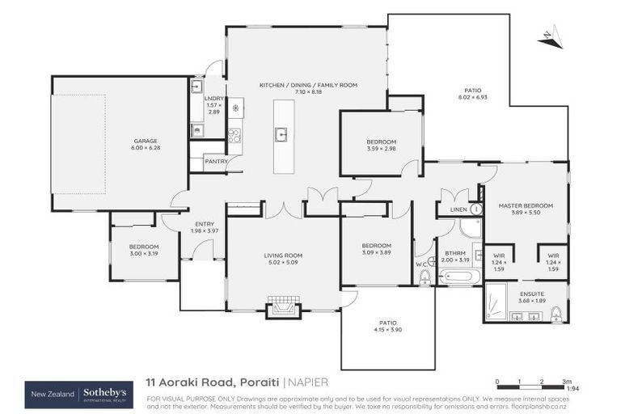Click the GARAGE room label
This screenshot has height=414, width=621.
[x=145, y=141]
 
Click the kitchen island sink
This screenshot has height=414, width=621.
[x=282, y=135]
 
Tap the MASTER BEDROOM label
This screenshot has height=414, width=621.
[x=526, y=206]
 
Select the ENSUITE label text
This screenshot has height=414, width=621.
[x=531, y=293]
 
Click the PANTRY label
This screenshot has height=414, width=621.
[x=215, y=161]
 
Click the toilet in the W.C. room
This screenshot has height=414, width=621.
[x=425, y=277]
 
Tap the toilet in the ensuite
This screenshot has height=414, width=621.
[x=556, y=314]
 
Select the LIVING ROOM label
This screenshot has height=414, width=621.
[x=282, y=256]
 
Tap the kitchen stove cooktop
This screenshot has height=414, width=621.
[x=234, y=136]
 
